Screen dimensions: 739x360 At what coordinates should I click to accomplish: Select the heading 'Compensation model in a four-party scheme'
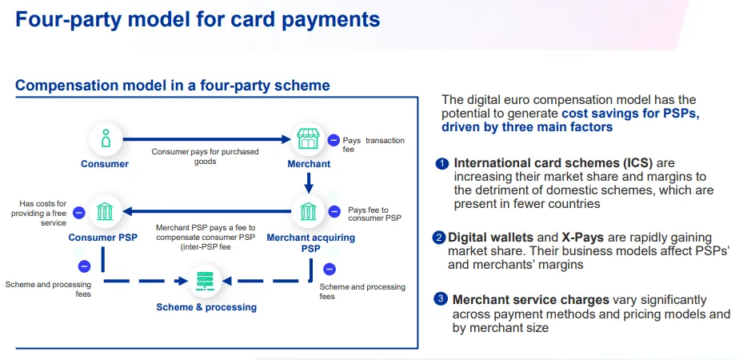click(x=173, y=86)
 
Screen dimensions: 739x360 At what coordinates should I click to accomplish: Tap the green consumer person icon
click(x=105, y=138)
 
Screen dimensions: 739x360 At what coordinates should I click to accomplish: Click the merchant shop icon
click(x=309, y=138)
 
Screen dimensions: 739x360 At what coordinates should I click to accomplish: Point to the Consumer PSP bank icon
click(x=105, y=212)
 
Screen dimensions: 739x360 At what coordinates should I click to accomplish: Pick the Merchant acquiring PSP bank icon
click(x=309, y=212)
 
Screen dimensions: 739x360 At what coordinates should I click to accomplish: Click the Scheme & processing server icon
click(x=206, y=281)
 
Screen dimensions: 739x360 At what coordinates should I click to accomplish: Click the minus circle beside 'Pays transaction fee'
click(x=334, y=140)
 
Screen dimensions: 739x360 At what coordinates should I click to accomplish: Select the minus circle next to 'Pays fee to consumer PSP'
click(x=334, y=212)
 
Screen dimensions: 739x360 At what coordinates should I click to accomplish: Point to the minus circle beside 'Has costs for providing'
click(x=78, y=212)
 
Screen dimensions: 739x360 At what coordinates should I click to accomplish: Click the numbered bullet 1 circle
click(x=441, y=164)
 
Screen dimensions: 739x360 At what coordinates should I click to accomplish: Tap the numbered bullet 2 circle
click(x=439, y=238)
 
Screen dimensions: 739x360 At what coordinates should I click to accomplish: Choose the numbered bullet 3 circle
click(x=441, y=299)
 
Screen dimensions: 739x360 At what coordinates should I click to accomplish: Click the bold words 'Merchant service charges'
click(x=530, y=300)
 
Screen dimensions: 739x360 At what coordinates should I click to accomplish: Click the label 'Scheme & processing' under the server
click(x=206, y=307)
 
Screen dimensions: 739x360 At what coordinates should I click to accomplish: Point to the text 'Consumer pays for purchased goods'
click(x=206, y=156)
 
